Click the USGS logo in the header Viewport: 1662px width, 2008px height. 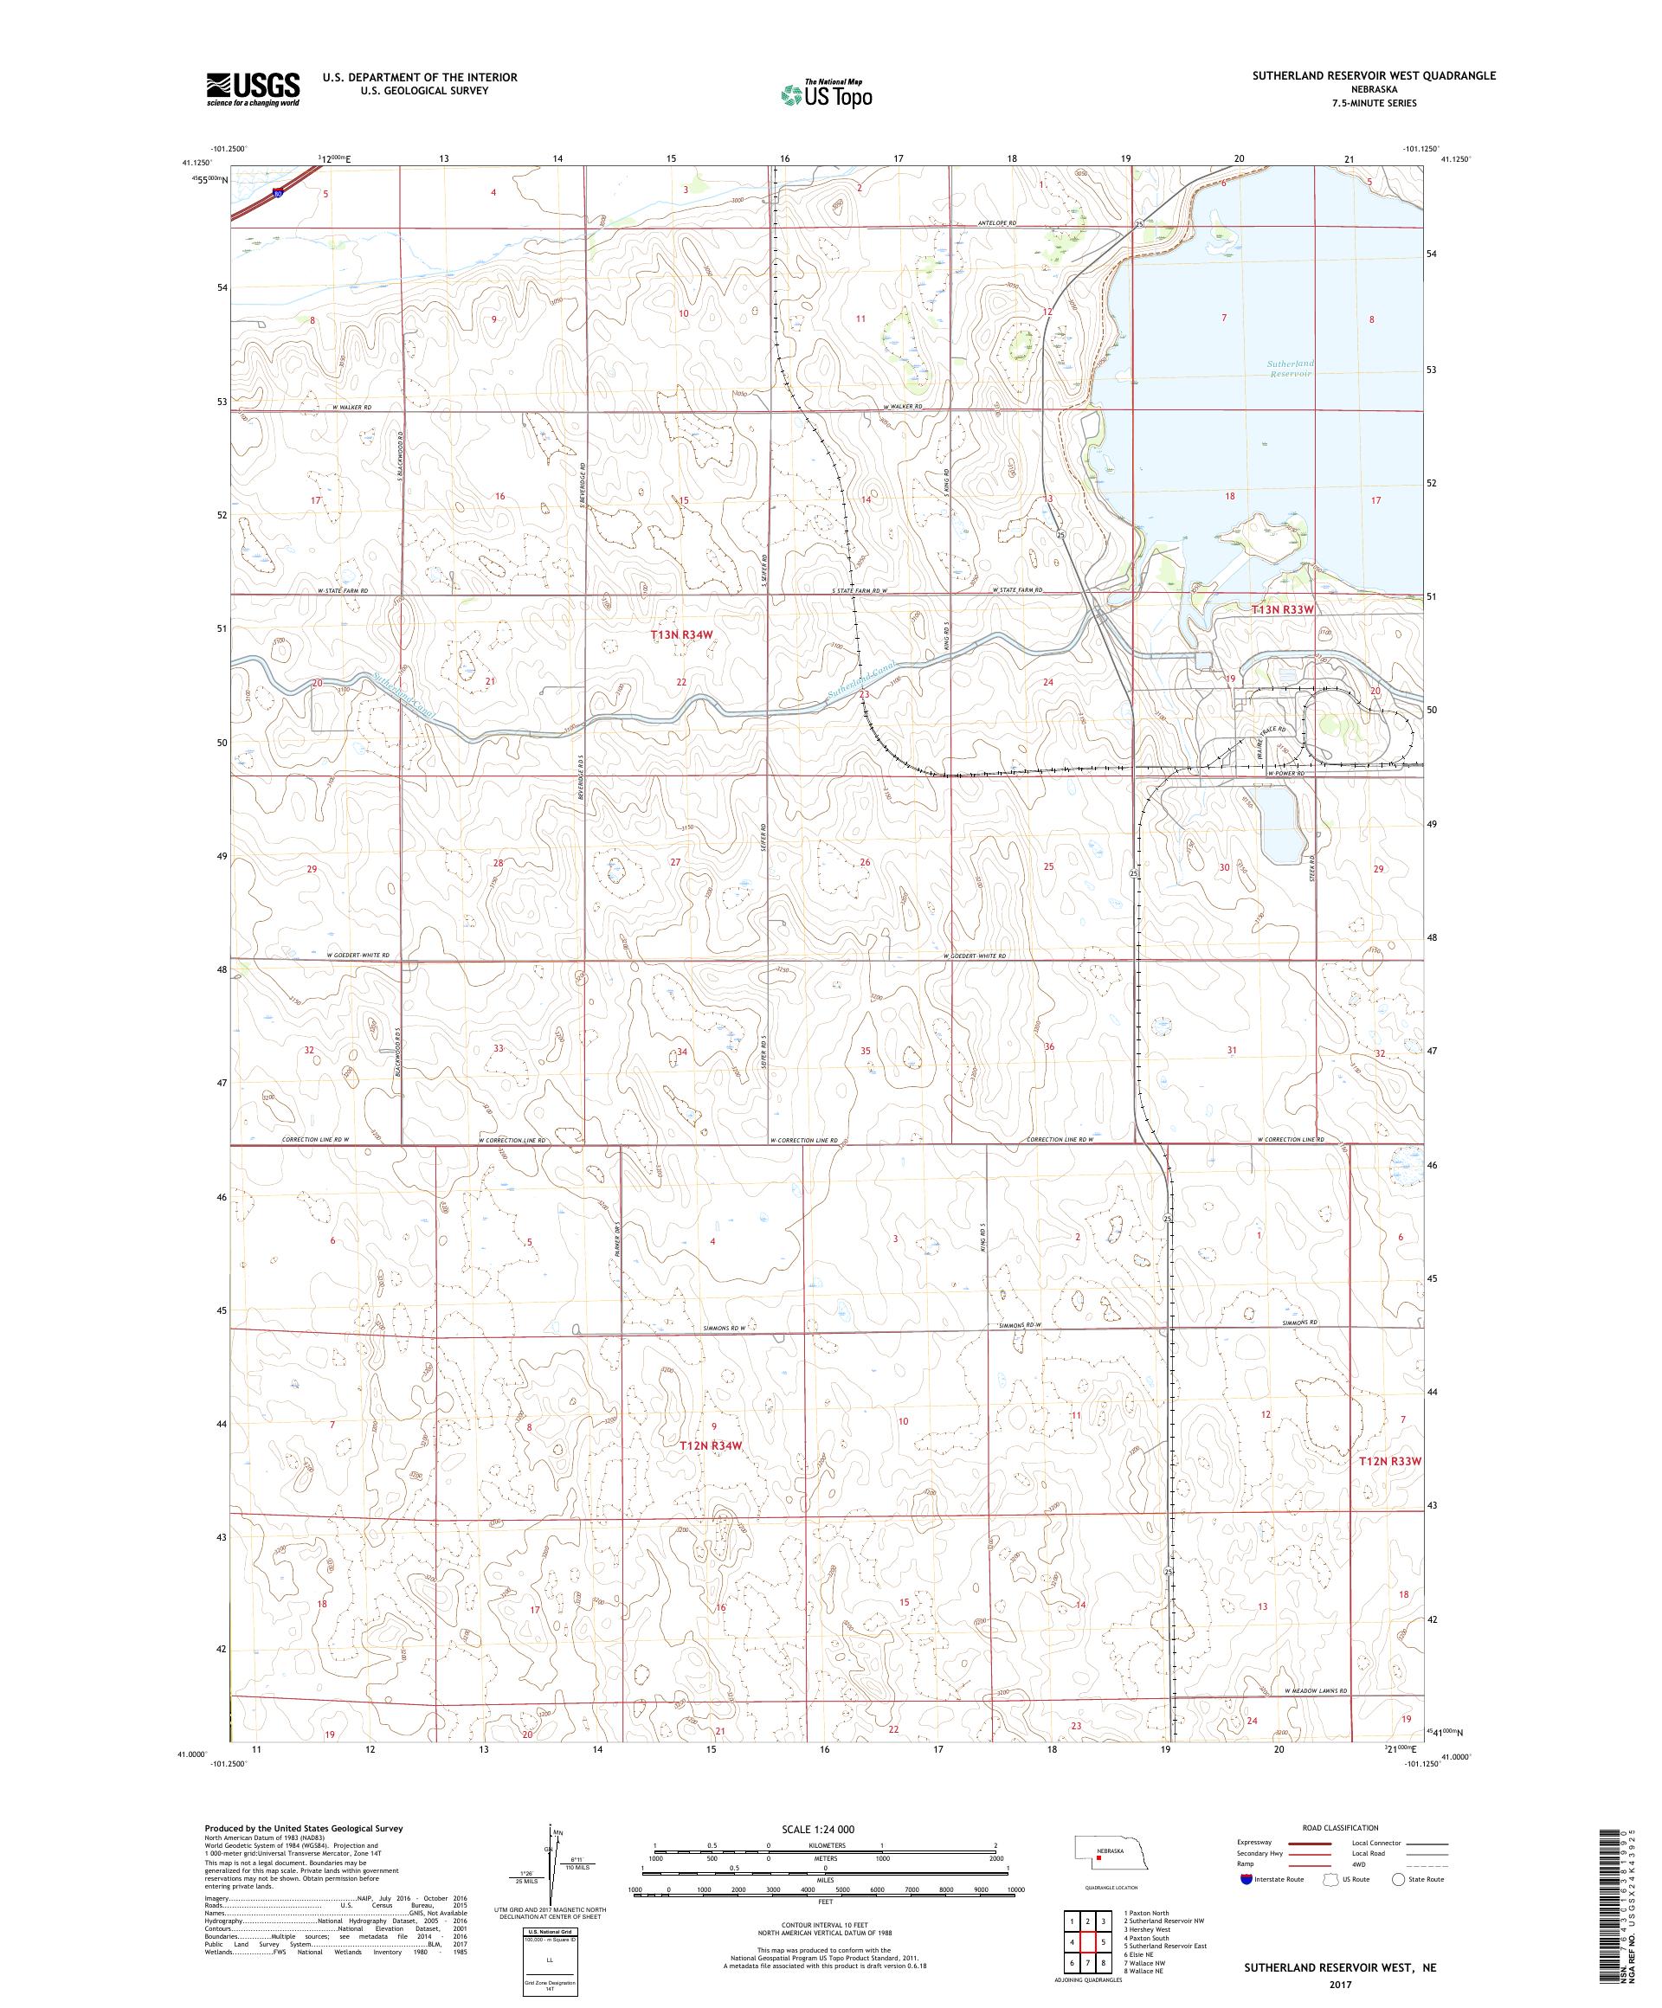point(253,89)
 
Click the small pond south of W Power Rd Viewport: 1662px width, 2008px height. point(1282,824)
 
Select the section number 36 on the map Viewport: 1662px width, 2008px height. point(1049,1047)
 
